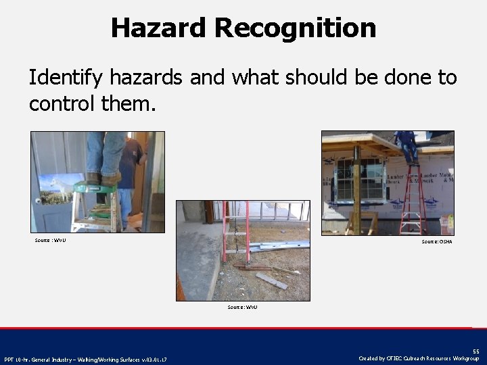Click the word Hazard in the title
click(158, 28)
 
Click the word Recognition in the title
click(295, 28)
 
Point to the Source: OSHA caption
click(436, 241)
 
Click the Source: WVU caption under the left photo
click(51, 240)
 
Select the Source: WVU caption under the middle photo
click(242, 307)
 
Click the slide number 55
click(476, 351)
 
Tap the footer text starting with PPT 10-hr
click(85, 359)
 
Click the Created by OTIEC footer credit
click(419, 358)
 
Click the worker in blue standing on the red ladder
click(408, 144)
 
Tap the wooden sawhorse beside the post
click(369, 221)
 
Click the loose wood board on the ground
click(271, 280)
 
